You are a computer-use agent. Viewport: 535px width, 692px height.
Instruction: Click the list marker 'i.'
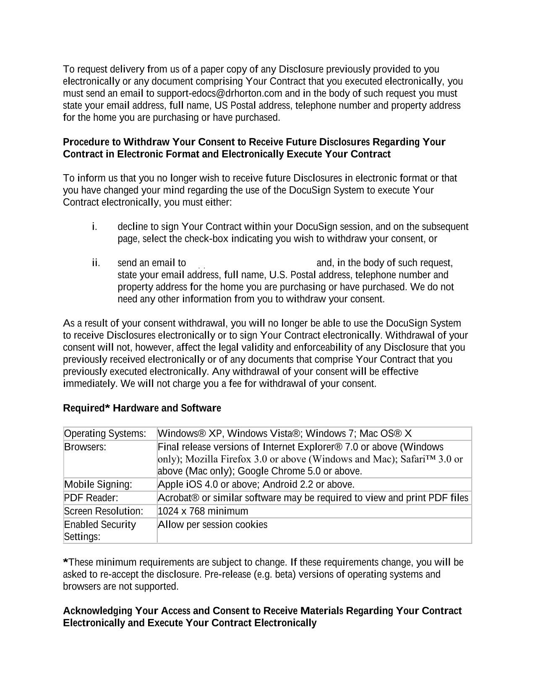[94, 227]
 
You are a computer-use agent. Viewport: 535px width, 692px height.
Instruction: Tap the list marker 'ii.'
[96, 263]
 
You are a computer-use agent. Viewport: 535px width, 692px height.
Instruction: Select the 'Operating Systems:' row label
[105, 433]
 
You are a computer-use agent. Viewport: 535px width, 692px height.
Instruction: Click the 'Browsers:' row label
[85, 447]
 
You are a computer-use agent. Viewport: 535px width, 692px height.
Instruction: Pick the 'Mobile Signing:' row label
[98, 485]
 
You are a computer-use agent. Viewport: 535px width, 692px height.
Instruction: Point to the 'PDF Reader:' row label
[91, 498]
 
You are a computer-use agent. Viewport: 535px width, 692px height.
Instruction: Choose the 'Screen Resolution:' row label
[104, 511]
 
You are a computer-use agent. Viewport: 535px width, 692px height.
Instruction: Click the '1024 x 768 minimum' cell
[203, 511]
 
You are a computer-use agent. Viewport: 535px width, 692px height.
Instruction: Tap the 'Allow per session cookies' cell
[213, 525]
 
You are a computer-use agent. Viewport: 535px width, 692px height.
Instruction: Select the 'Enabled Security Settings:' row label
[100, 530]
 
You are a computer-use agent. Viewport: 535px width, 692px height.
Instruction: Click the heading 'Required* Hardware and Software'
[142, 408]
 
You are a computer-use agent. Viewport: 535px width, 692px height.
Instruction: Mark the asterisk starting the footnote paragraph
[65, 561]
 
